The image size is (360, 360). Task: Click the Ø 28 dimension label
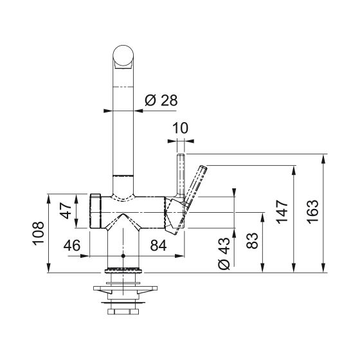[x=161, y=100]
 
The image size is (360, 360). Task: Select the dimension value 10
[x=180, y=128]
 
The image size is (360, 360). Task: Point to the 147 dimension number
[x=282, y=212]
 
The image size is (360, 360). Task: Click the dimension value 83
[x=252, y=241]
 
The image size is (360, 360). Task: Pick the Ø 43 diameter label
[x=224, y=253]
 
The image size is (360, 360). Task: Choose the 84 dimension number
[x=158, y=246]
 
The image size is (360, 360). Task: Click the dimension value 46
[x=72, y=246]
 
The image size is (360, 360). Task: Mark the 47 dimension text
[x=66, y=211]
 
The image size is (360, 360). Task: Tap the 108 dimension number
[x=38, y=233]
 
